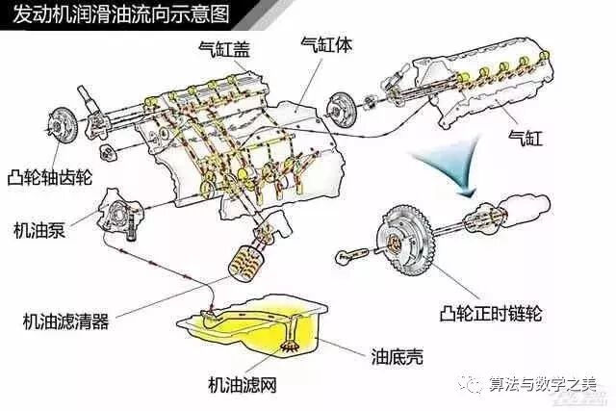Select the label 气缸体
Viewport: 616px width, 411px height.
point(326,45)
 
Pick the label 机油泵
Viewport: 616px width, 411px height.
point(39,230)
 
